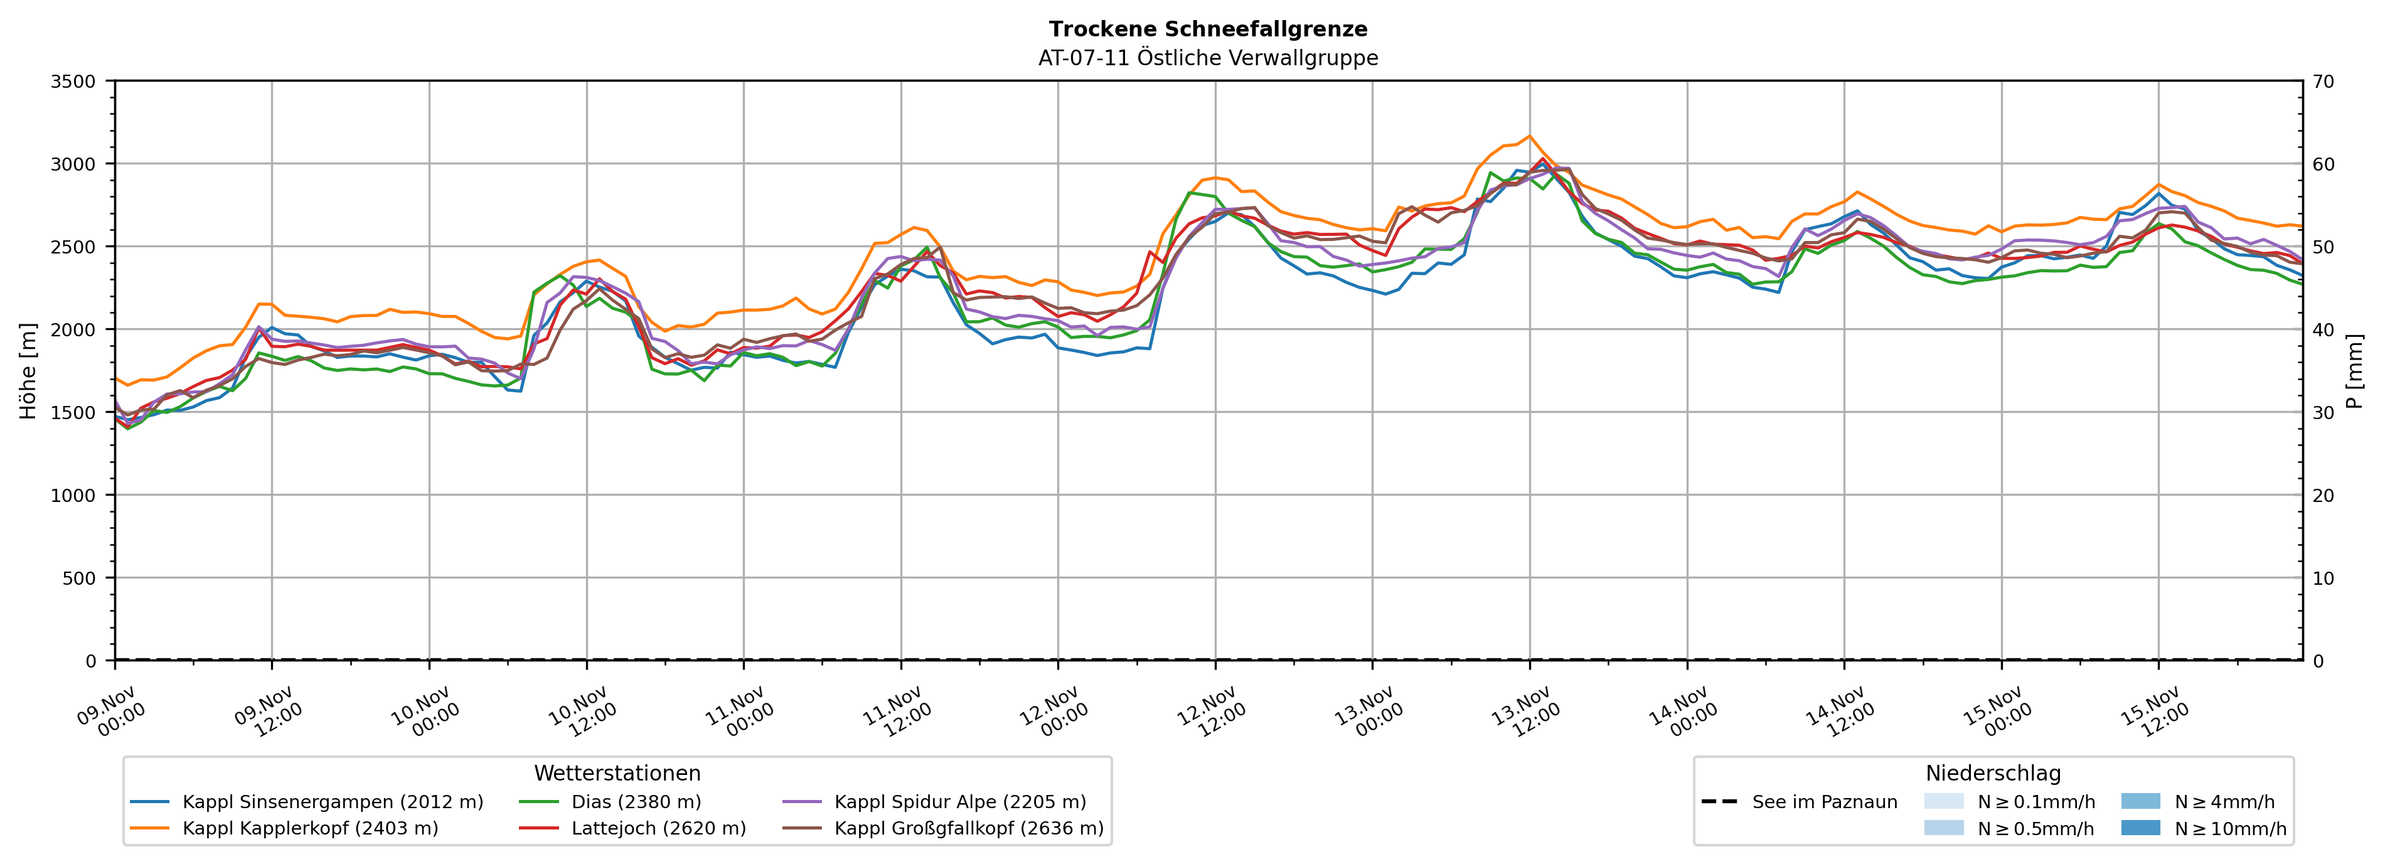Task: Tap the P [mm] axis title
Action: pyautogui.click(x=2354, y=370)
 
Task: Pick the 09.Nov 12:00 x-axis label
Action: pyautogui.click(x=269, y=711)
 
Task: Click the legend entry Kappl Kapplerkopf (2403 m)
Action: pyautogui.click(x=310, y=828)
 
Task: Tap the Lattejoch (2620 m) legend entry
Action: pyautogui.click(x=658, y=828)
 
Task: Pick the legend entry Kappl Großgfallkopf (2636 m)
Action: pyautogui.click(x=968, y=828)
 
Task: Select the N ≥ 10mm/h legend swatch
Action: pyautogui.click(x=2140, y=828)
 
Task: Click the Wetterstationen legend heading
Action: pyautogui.click(x=617, y=773)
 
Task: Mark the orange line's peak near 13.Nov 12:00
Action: pyautogui.click(x=1530, y=136)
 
